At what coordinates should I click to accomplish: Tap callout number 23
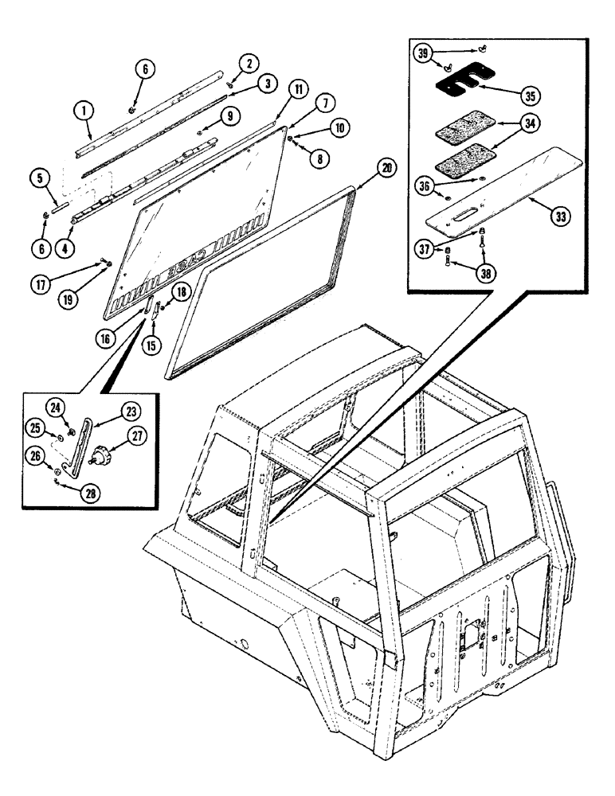pos(130,412)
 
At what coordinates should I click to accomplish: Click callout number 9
pos(230,115)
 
